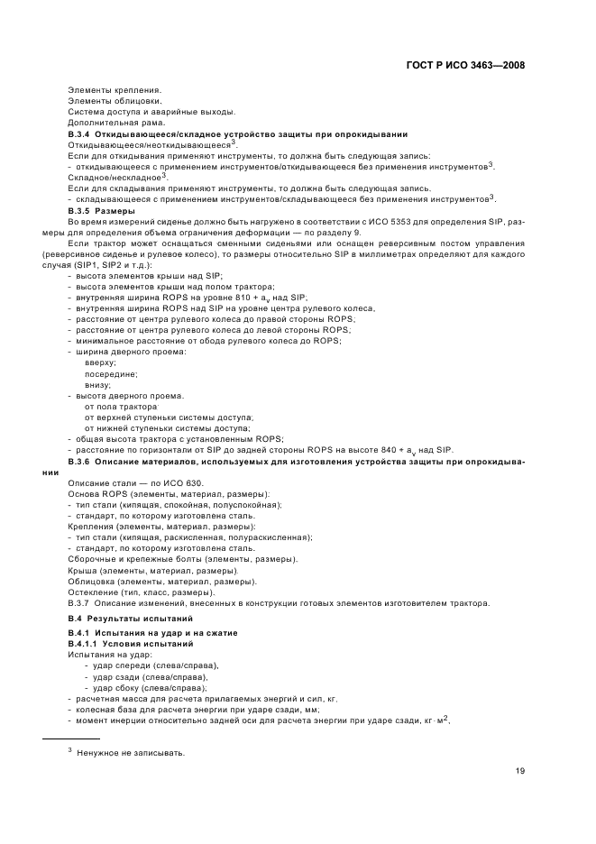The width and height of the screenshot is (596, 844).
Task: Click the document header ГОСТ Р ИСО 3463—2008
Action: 465,65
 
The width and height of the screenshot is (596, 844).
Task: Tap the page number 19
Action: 520,771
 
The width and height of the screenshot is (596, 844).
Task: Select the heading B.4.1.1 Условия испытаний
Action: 131,645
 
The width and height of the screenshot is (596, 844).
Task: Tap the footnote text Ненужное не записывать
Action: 131,753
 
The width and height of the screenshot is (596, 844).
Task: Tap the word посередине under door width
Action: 111,373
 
